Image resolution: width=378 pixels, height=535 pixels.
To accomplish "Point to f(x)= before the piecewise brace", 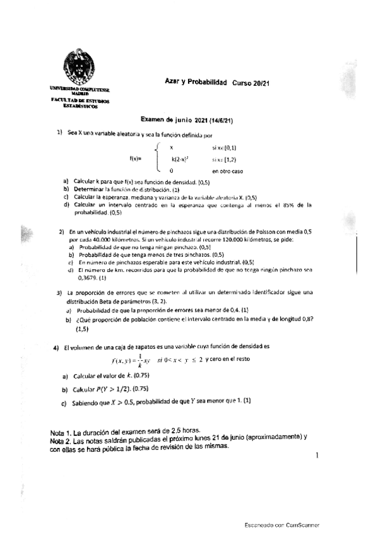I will coord(136,158).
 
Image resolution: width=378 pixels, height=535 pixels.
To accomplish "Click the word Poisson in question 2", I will coord(271,233).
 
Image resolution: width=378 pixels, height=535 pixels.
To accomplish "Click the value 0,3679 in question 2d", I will coord(87,276).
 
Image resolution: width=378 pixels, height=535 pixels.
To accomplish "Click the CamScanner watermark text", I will coord(282,524).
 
